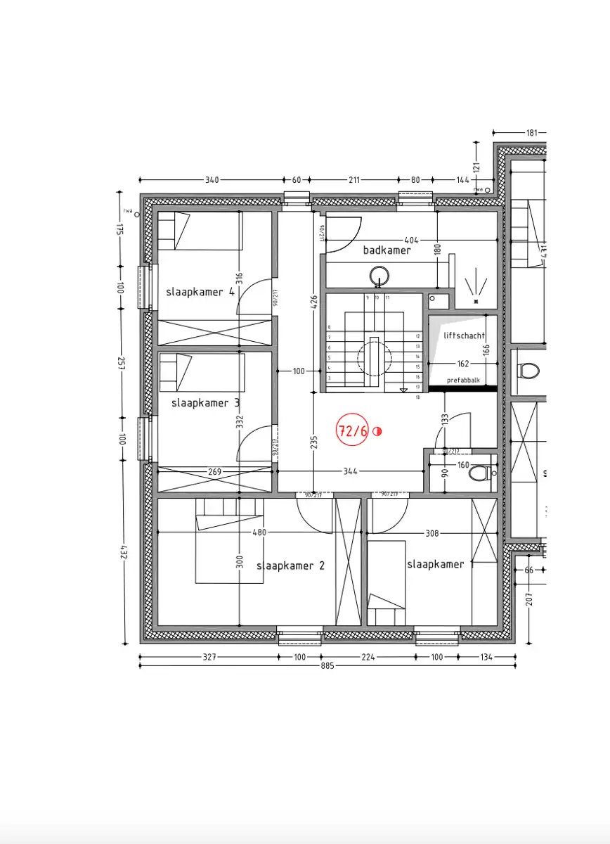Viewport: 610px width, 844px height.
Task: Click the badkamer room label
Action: click(387, 250)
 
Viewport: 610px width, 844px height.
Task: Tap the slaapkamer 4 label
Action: click(200, 292)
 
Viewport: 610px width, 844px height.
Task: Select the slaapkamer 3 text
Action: click(205, 403)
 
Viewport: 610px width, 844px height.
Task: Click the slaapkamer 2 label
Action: click(290, 565)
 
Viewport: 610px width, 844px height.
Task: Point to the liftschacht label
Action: click(465, 335)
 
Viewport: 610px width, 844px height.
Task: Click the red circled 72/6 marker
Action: click(353, 431)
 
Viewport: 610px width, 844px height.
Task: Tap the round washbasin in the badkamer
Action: click(380, 276)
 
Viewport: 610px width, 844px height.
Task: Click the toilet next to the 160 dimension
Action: click(480, 473)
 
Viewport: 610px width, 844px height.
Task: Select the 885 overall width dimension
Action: click(327, 665)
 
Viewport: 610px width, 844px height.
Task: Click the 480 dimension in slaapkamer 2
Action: click(259, 533)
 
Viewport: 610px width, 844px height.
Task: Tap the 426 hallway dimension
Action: click(314, 302)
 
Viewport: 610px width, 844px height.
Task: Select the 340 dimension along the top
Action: click(212, 180)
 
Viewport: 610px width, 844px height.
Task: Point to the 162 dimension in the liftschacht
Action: click(462, 364)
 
